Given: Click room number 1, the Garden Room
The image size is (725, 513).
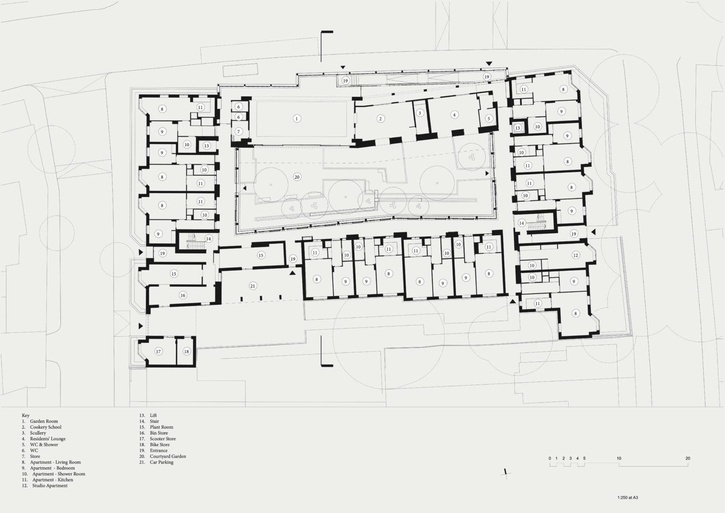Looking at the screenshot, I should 297,119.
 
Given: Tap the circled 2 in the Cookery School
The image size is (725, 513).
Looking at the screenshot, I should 380,119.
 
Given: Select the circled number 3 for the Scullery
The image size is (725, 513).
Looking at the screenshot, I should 420,113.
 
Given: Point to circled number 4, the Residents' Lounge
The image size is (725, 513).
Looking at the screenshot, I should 454,115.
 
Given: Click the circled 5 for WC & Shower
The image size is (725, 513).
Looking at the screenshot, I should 489,119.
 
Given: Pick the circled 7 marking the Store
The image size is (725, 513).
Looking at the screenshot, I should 239,131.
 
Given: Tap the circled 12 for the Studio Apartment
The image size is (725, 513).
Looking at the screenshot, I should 575,255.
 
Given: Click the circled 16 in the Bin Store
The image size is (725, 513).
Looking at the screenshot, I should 183,295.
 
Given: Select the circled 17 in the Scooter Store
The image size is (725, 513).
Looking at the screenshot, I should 159,351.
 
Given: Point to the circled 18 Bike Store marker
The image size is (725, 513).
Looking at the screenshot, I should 186,351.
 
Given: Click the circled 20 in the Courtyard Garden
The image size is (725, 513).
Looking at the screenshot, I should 297,177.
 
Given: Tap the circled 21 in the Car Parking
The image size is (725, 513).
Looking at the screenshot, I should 253,286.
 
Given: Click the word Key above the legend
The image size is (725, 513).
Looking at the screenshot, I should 25,416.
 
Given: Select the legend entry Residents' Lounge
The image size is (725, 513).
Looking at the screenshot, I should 48,439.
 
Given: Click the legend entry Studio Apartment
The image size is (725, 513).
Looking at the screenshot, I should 50,486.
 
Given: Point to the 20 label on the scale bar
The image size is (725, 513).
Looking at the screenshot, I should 688,458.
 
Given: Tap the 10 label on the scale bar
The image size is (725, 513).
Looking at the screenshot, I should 619,458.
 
